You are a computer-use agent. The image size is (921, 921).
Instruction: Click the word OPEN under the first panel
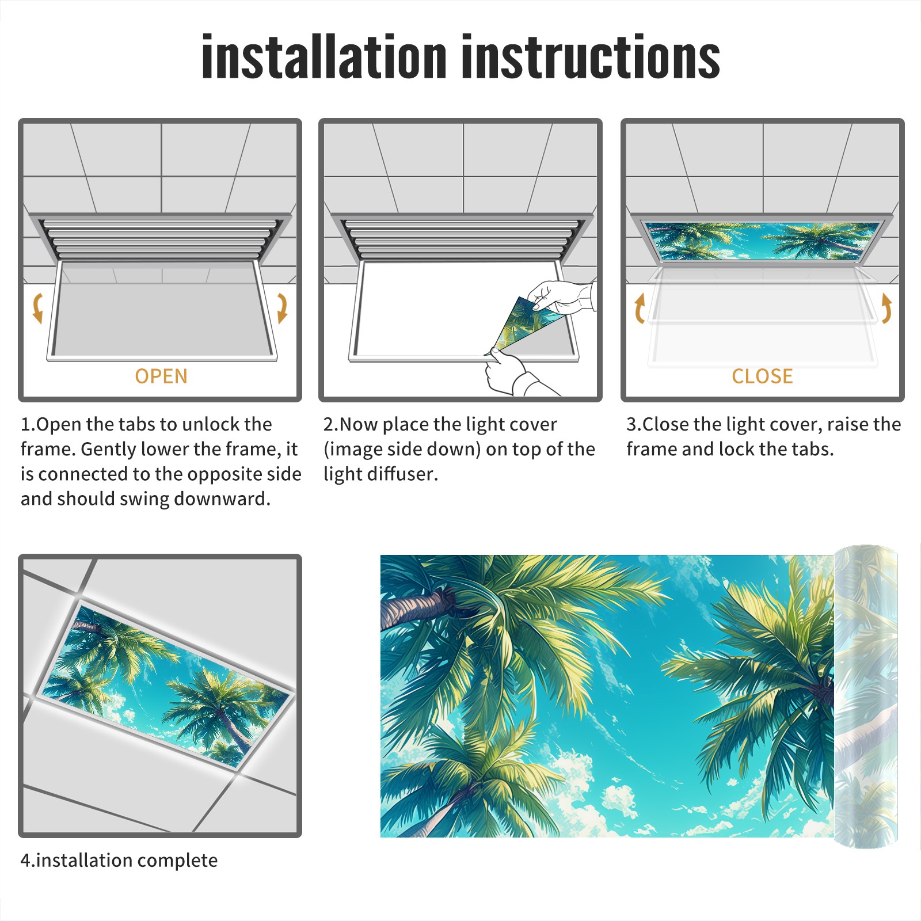click(x=161, y=376)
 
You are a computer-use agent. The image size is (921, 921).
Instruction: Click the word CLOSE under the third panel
click(x=762, y=376)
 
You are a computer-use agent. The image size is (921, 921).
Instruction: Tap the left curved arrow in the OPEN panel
click(x=38, y=308)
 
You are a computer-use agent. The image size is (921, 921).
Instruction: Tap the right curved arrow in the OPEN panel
click(x=282, y=308)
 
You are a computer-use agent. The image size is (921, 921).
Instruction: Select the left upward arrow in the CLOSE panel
click(x=640, y=308)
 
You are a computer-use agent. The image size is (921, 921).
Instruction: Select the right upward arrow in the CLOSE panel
click(x=886, y=308)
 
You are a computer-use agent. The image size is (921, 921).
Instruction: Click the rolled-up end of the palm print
click(x=866, y=697)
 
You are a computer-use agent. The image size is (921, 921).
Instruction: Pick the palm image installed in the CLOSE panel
click(x=762, y=241)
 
